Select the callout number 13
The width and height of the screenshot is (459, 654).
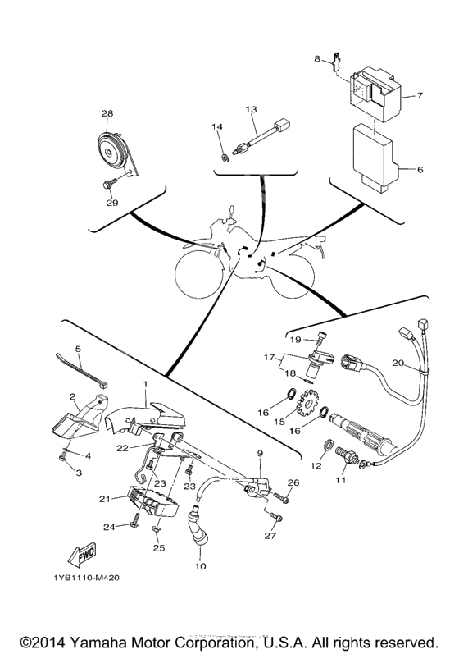251,108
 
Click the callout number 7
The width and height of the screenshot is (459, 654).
420,95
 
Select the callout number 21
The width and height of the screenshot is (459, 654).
103,498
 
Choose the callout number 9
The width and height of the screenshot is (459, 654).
260,454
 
